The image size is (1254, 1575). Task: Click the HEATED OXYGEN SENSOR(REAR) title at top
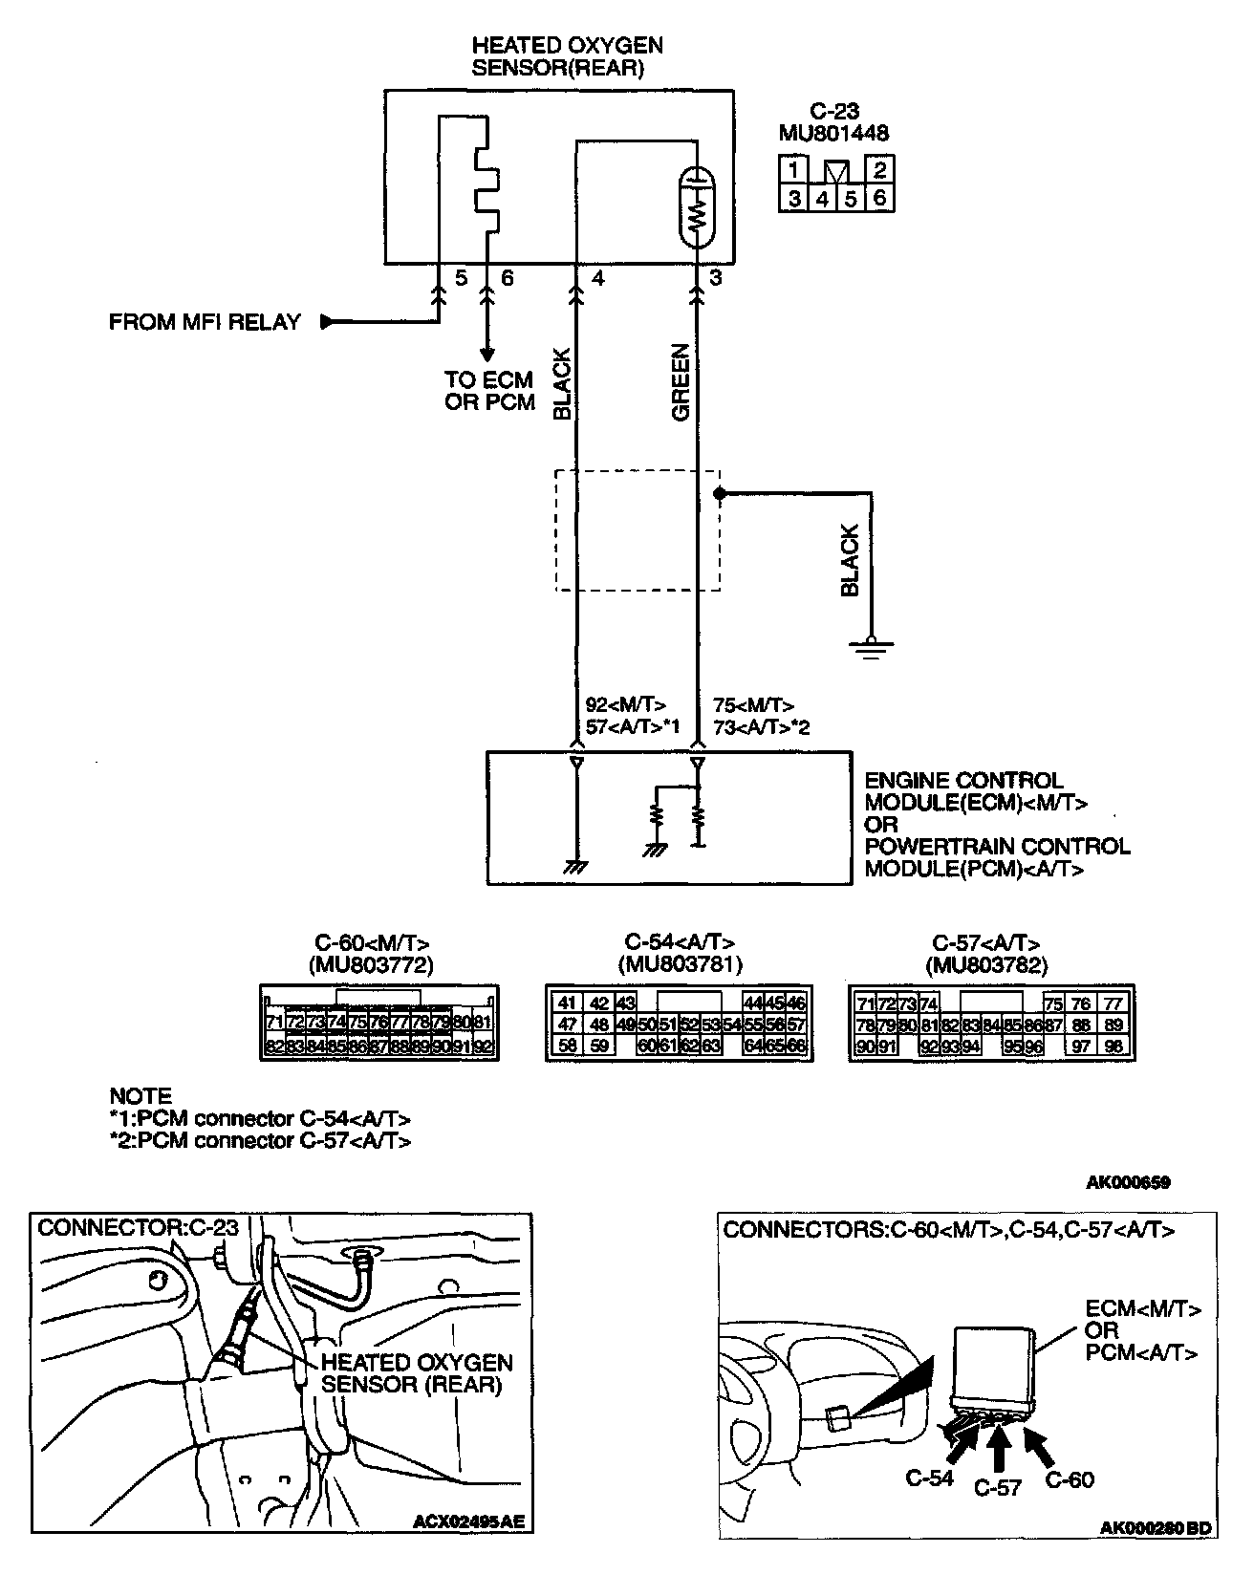(567, 56)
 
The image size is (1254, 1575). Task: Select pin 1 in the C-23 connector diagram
(792, 171)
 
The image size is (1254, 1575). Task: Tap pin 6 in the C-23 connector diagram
(880, 199)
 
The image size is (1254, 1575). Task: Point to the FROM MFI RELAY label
(205, 322)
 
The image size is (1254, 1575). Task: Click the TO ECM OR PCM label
(489, 391)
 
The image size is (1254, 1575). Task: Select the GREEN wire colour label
(681, 382)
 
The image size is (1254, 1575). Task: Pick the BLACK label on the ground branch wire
(850, 561)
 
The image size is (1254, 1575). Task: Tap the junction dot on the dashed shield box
(720, 493)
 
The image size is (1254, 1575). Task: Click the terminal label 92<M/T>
(625, 706)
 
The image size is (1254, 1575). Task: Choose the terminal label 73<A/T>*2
(761, 727)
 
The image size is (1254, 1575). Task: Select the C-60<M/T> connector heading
(372, 943)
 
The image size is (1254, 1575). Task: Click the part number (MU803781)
(680, 964)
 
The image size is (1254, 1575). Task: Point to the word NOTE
(141, 1096)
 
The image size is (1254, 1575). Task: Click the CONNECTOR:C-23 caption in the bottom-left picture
(137, 1226)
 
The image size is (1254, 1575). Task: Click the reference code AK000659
(1127, 1182)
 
